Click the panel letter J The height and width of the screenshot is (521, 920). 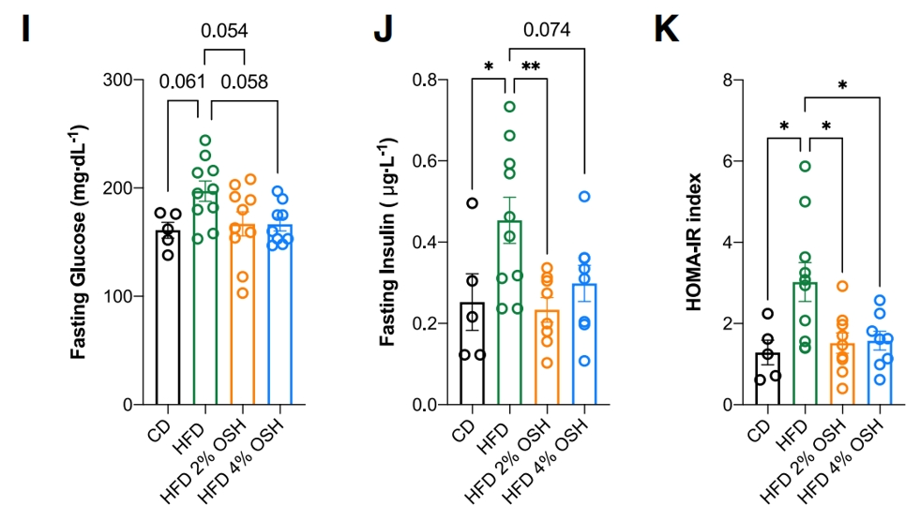[383, 30]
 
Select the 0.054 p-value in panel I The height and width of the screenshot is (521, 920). [224, 31]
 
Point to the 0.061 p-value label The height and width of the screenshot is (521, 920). [183, 82]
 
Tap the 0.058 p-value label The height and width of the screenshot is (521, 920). [244, 82]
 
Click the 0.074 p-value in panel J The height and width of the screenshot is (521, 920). [548, 31]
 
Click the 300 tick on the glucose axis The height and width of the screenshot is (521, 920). [119, 80]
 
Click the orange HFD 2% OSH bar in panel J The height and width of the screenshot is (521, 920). [548, 361]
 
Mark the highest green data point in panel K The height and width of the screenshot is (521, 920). [805, 167]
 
